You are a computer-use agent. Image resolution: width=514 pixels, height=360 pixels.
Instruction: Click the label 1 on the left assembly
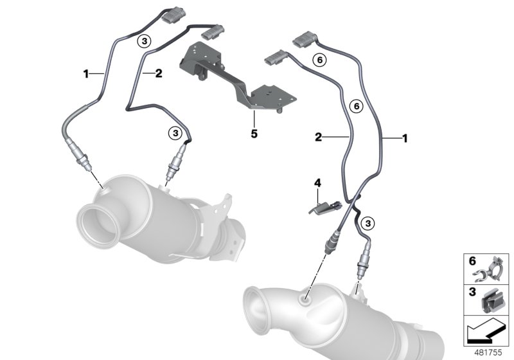tap(85, 75)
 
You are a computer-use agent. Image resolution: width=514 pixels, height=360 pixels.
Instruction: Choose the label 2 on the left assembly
tap(158, 74)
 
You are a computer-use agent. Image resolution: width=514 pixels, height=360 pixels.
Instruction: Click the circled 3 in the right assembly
tap(368, 223)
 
